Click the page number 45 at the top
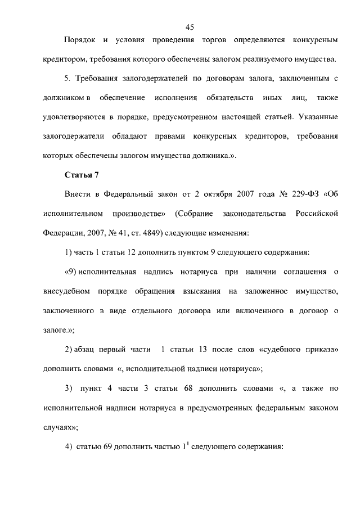coord(189,26)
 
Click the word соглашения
coord(296,273)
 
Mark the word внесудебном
coord(66,292)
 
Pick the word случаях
coord(58,427)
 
